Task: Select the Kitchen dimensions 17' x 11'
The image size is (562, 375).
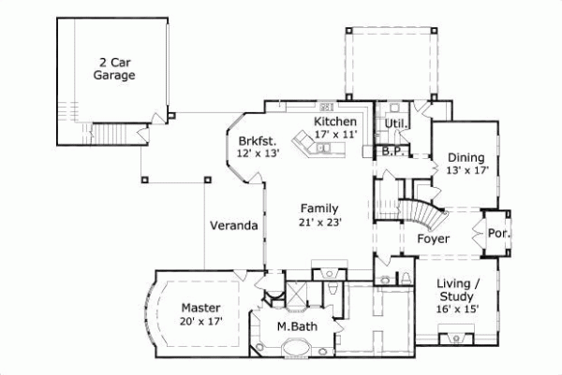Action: [335, 136]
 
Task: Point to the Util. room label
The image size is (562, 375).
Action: [394, 123]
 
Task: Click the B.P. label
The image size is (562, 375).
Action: [392, 150]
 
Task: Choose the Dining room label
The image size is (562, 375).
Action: [466, 157]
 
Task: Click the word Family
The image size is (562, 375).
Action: [318, 208]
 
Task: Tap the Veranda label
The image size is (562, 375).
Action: [233, 225]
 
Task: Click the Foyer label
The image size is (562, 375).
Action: [433, 239]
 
